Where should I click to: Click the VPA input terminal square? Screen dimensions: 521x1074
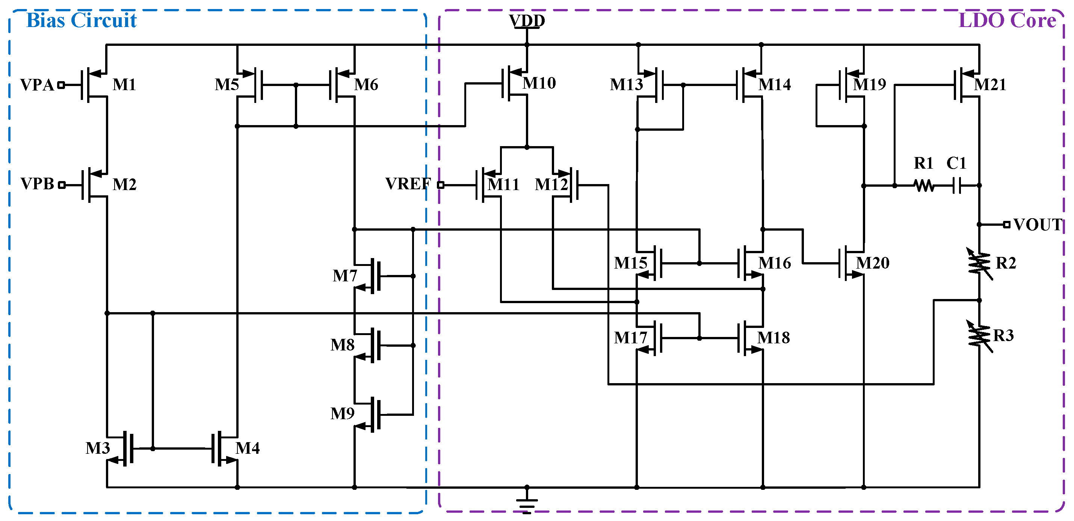(x=61, y=85)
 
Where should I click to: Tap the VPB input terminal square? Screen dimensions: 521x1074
(x=62, y=185)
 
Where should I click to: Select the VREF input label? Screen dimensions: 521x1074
(x=407, y=184)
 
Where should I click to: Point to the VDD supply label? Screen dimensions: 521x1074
(x=527, y=20)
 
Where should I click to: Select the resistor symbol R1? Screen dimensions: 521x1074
(x=923, y=186)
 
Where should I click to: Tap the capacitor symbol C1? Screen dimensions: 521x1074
(x=957, y=185)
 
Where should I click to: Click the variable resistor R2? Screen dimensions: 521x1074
(x=979, y=263)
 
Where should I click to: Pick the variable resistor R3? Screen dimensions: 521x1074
(x=979, y=336)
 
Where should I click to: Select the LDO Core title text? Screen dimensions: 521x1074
(x=1007, y=20)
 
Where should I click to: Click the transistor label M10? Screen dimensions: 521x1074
(x=539, y=83)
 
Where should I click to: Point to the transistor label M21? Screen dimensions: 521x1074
(x=990, y=85)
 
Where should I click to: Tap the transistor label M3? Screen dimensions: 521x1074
(x=98, y=449)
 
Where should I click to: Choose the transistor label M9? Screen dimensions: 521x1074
(x=342, y=414)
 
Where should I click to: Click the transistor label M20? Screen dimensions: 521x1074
(x=872, y=263)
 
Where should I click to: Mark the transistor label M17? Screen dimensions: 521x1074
(x=630, y=338)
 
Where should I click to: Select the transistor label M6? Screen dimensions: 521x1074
(x=366, y=85)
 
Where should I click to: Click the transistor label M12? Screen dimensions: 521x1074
(x=551, y=184)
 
